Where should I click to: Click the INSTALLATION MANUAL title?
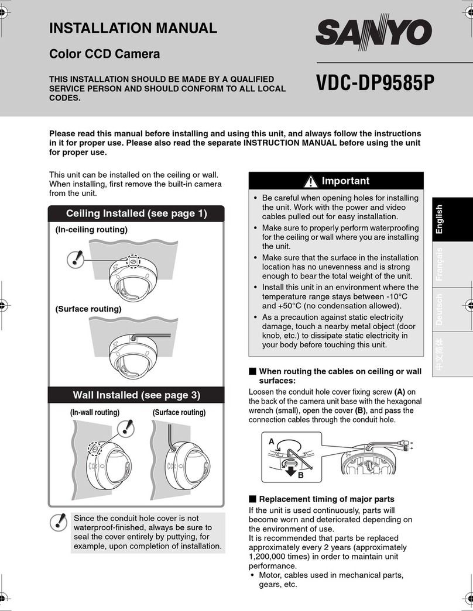(133, 27)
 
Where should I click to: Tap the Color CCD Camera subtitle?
(104, 54)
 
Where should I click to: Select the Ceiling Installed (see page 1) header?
(136, 213)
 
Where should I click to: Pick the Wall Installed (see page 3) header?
(136, 395)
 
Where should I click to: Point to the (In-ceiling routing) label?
(91, 230)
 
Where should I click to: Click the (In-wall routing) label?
(95, 413)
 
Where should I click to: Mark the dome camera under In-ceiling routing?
(133, 277)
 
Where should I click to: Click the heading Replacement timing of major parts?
(326, 499)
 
